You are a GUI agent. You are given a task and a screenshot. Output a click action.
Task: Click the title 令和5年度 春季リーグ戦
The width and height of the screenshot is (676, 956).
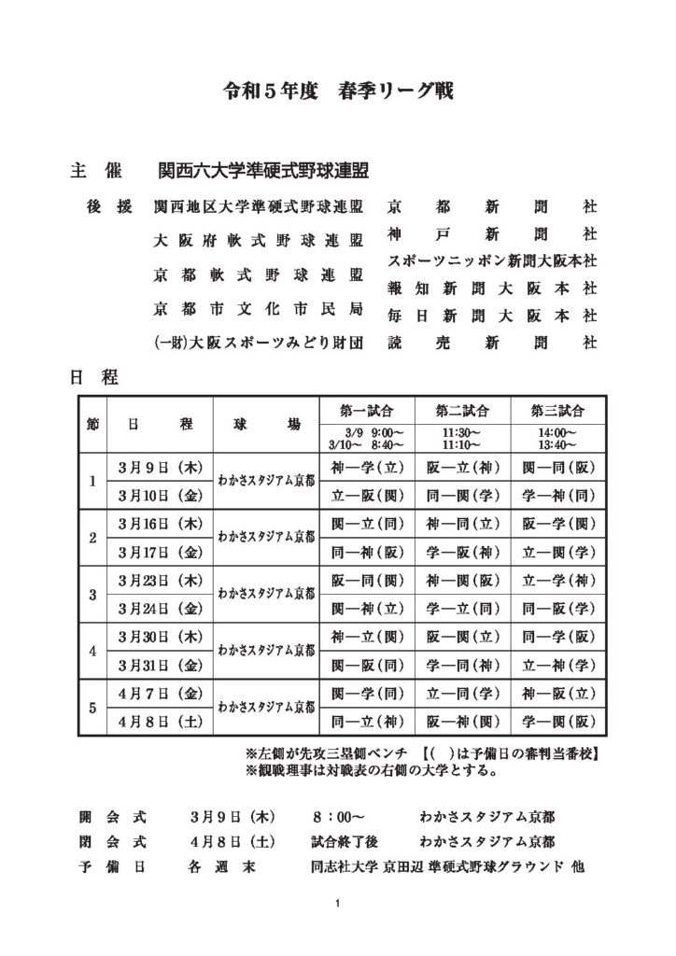point(338,91)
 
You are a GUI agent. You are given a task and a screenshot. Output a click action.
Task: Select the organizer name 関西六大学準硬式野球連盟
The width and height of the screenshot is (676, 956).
point(263,173)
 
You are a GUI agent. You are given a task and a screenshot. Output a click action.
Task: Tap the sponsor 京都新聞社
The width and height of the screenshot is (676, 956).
point(491,205)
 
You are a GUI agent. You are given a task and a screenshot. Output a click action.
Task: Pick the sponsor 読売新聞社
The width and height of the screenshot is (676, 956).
point(491,343)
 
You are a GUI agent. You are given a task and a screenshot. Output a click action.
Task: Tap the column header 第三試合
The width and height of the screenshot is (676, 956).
point(557,410)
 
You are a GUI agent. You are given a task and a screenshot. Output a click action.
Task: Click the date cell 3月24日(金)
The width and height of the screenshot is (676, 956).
point(161,608)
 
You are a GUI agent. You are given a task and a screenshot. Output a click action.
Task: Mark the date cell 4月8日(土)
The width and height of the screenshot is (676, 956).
point(161,722)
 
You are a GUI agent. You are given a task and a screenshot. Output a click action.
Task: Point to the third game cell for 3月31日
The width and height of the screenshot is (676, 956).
point(557,665)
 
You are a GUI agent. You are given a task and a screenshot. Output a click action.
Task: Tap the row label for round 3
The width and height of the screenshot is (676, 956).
point(92,594)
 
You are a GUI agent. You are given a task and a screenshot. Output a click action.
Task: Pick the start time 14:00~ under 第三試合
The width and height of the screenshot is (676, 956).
point(556,432)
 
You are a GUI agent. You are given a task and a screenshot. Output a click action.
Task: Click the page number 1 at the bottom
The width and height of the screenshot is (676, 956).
point(337,904)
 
